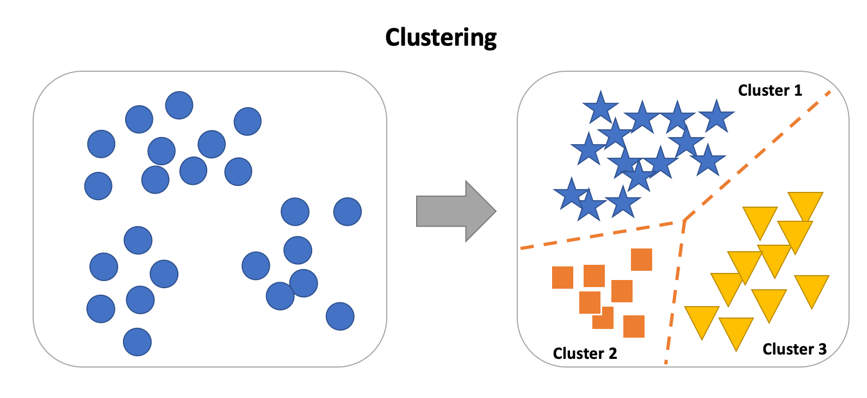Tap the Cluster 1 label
(770, 90)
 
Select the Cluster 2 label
(585, 353)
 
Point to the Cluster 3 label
(794, 349)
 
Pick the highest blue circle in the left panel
(179, 105)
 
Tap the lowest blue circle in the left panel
(137, 342)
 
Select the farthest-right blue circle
(348, 212)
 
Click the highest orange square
(641, 259)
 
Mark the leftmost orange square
(562, 277)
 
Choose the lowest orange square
(634, 326)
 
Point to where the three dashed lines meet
(684, 221)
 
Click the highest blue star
(600, 107)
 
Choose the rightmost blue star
(717, 116)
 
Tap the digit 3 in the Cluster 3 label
(822, 349)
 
